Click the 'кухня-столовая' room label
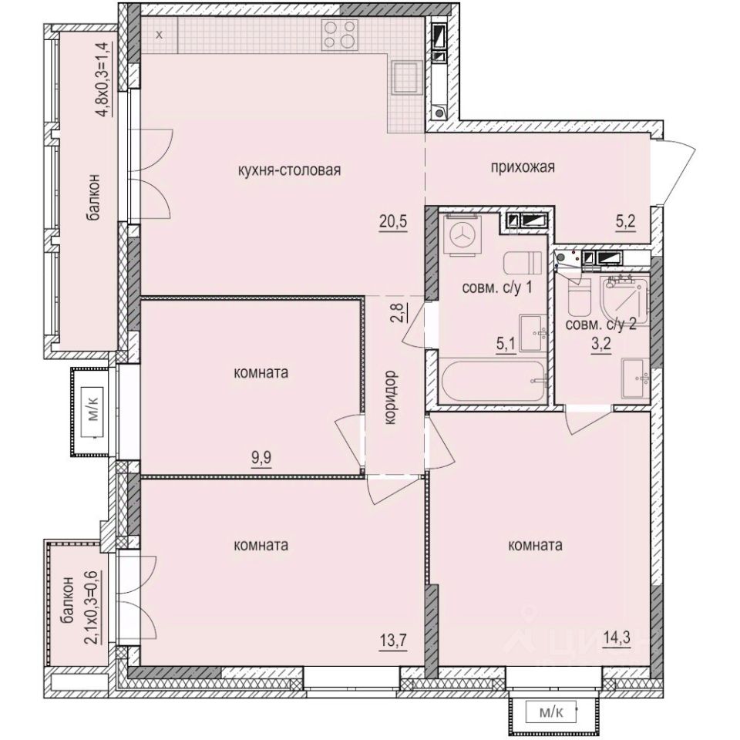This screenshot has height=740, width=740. click(x=290, y=170)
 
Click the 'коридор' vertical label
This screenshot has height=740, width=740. click(x=392, y=396)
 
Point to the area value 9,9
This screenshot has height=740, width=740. click(x=261, y=455)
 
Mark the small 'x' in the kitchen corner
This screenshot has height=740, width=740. click(x=159, y=35)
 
